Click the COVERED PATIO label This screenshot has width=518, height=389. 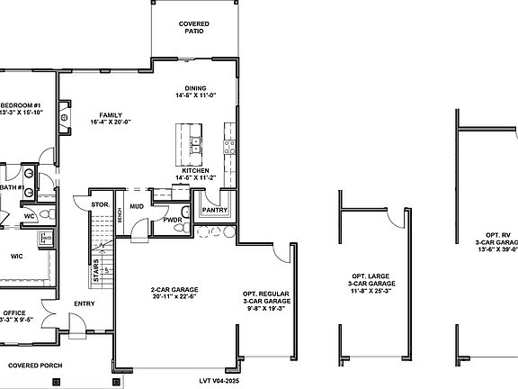coord(193,27)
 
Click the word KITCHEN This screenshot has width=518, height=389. coord(196,170)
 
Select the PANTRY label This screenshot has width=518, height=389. coord(215,210)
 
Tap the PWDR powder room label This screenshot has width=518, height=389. coord(174,219)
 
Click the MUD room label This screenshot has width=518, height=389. coord(137,206)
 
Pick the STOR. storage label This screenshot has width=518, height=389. coord(100,205)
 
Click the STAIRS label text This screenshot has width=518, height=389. coord(95,269)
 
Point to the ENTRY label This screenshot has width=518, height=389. coord(84,303)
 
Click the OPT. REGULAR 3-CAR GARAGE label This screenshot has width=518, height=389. coord(264,301)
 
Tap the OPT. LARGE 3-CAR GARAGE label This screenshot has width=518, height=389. coord(370,284)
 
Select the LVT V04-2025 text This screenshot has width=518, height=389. coord(220,380)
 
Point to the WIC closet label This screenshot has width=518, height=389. coord(16,257)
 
